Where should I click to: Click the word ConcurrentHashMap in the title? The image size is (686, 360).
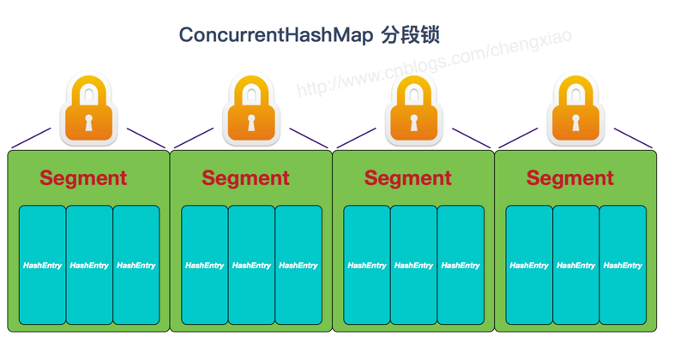(x=276, y=35)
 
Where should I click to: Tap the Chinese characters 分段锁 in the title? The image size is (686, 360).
(x=411, y=35)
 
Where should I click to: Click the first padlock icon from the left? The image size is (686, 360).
(x=87, y=111)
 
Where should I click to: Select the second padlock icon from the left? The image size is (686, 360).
(x=250, y=111)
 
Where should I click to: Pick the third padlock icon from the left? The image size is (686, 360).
(x=412, y=111)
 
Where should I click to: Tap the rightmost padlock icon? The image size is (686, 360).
(x=575, y=111)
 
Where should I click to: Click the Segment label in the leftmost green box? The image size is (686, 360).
(x=83, y=178)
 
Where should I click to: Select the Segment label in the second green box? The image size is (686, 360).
(x=245, y=178)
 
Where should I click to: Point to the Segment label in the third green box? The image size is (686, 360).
(x=407, y=178)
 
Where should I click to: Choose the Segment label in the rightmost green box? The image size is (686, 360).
(x=569, y=178)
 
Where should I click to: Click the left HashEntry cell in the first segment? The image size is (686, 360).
(x=42, y=266)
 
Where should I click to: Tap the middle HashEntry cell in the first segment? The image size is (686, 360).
(x=89, y=266)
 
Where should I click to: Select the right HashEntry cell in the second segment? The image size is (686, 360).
(x=298, y=266)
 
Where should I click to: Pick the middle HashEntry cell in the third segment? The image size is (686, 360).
(x=413, y=266)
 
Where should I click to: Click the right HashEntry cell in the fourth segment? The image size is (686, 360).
(x=623, y=266)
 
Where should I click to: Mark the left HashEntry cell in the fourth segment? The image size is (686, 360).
(x=529, y=266)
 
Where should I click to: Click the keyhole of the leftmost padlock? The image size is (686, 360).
(x=87, y=123)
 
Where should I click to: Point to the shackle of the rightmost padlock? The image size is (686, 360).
(x=575, y=87)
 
